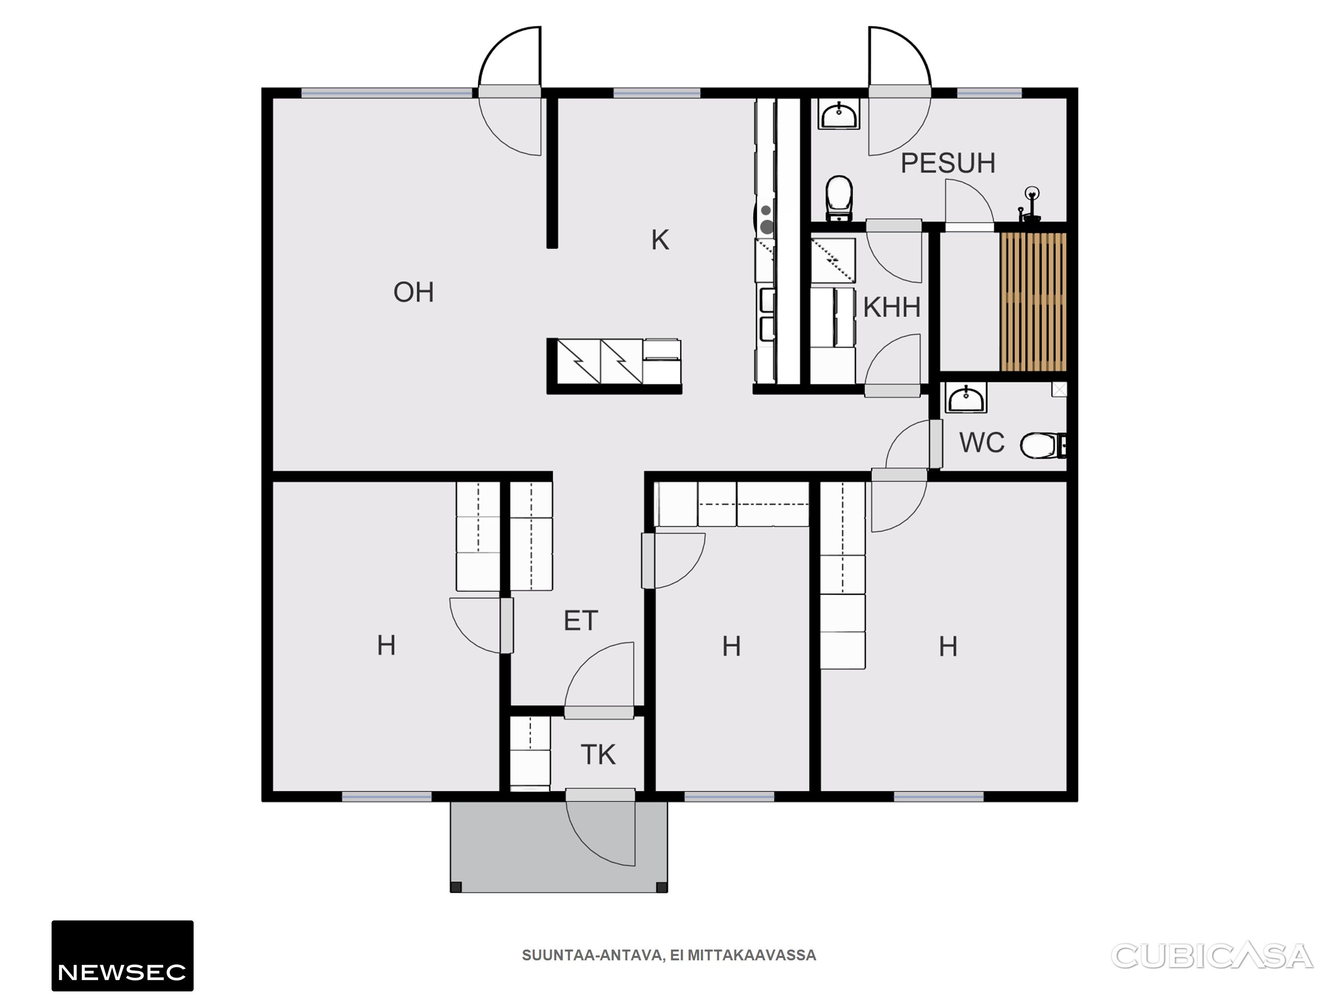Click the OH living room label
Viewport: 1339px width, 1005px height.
coord(413,292)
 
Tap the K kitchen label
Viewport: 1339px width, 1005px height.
coord(660,240)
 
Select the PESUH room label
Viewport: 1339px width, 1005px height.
coord(948,163)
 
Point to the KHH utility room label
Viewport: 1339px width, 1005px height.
coord(892,308)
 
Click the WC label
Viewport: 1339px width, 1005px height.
coord(982,443)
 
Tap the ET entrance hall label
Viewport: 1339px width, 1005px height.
coord(581,621)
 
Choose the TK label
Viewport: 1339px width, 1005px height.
coord(598,755)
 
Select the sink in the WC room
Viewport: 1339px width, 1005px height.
coord(966,398)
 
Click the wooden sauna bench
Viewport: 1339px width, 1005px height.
coord(1033,302)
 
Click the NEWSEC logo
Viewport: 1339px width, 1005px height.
coord(122,955)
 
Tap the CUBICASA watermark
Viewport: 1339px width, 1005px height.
coord(1212,956)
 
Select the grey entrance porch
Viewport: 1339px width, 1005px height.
coord(559,846)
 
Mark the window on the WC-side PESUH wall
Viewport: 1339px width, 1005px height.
coord(989,93)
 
